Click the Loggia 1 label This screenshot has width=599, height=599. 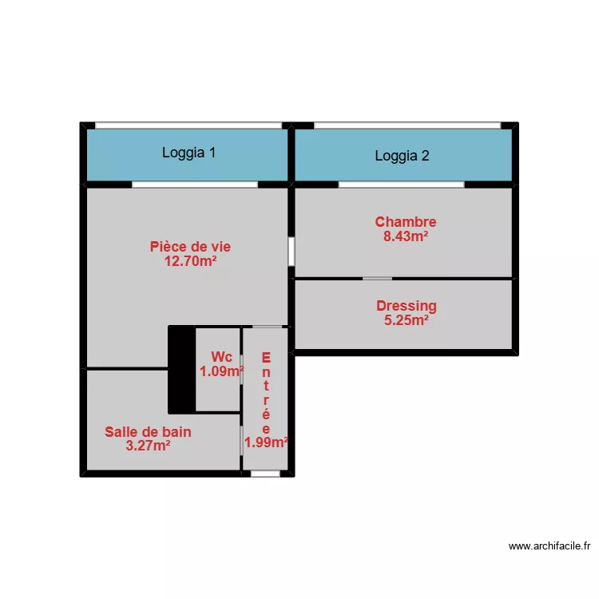tap(188, 153)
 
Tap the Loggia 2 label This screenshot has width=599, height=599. tap(402, 156)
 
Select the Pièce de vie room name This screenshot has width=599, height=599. tap(190, 247)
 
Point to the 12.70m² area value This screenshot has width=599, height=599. tap(191, 260)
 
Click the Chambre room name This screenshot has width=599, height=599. tap(406, 222)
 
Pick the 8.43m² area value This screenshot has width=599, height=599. tap(406, 236)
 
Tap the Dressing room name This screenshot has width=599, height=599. tap(406, 306)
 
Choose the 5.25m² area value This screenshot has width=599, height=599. tap(406, 319)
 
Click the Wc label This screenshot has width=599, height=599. tap(221, 357)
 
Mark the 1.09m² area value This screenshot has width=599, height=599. tap(221, 371)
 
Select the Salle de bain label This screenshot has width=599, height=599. tap(148, 432)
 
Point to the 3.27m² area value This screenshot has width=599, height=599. tap(148, 446)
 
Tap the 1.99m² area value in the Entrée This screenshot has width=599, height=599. tap(266, 442)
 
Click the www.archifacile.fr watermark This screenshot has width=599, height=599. tap(549, 547)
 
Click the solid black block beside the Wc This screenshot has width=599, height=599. tap(181, 369)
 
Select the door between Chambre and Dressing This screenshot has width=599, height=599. tap(377, 278)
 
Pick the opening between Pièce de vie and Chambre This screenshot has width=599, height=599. tap(292, 251)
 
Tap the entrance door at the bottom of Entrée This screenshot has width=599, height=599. tap(265, 474)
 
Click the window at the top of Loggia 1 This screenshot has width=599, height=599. tap(188, 125)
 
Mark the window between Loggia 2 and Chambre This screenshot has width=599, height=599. tap(401, 184)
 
